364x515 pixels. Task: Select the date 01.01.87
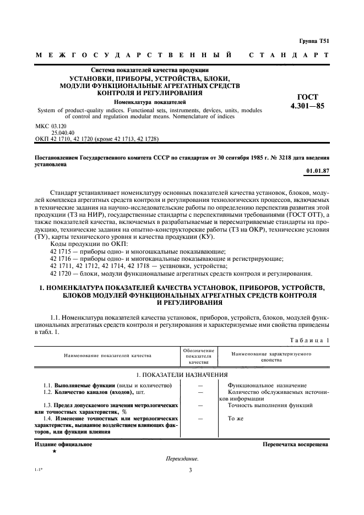point(318,171)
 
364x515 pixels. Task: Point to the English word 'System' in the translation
point(47,110)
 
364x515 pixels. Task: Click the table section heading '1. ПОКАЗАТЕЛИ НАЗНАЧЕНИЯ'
point(182,374)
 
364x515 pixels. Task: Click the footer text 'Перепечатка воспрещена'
point(296,443)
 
